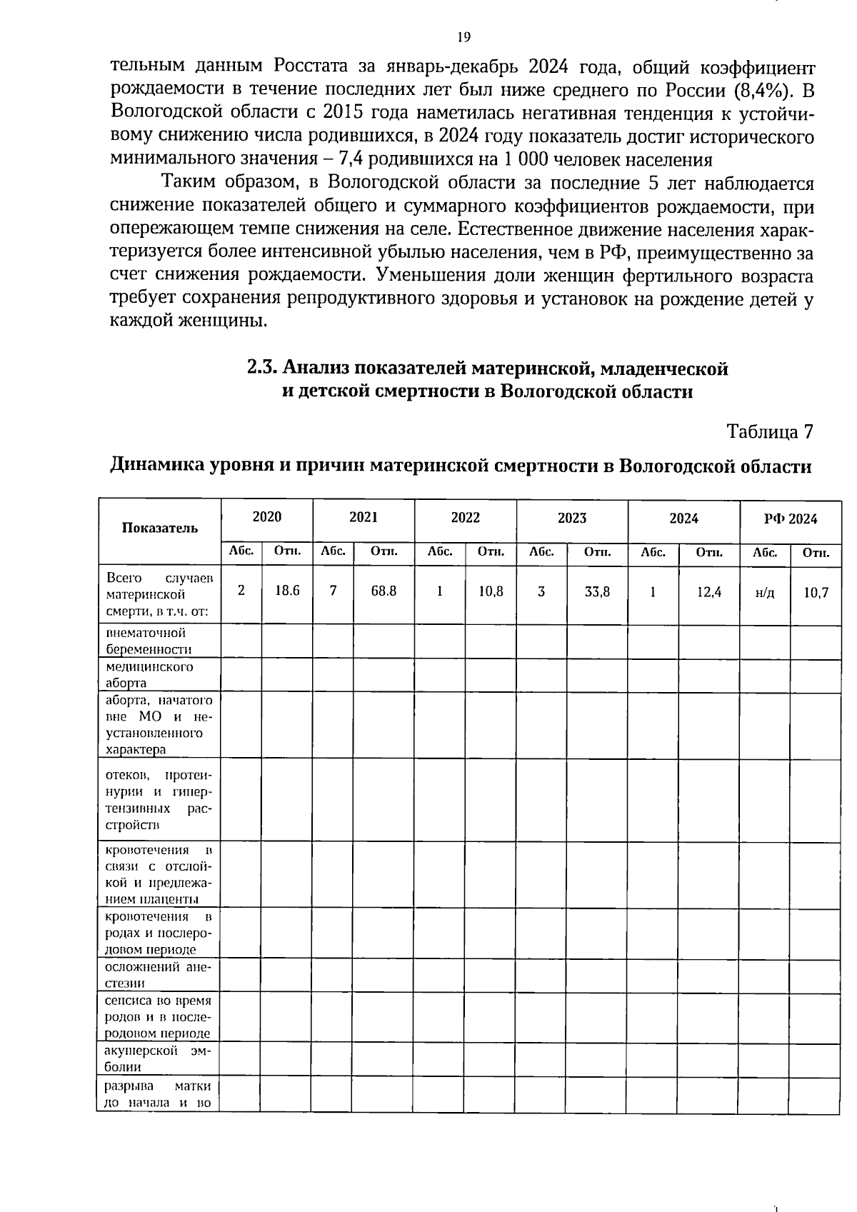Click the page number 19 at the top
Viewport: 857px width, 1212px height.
tap(463, 37)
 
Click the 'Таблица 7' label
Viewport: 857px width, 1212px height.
tap(769, 431)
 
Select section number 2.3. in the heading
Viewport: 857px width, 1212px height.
tap(262, 368)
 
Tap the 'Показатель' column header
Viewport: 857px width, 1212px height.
tap(159, 528)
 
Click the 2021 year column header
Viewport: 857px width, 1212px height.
tap(363, 517)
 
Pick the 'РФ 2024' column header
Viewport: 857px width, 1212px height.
tap(790, 519)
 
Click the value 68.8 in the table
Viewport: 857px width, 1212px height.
tap(384, 591)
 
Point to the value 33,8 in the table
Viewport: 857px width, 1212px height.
tap(597, 591)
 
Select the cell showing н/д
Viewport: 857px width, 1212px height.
tap(764, 593)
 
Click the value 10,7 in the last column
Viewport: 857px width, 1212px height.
tap(816, 592)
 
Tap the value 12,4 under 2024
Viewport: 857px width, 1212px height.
tap(709, 591)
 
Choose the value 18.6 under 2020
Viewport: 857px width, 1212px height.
tap(287, 591)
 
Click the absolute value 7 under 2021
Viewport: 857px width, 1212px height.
tap(333, 591)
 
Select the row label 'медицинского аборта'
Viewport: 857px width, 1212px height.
tap(149, 674)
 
